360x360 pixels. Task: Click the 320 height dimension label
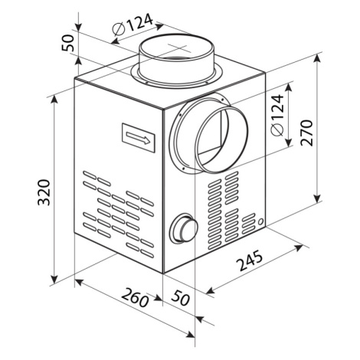[x=43, y=192]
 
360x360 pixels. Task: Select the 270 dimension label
[x=306, y=133]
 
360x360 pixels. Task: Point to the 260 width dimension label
[x=136, y=298]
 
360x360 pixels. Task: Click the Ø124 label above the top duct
[x=132, y=25]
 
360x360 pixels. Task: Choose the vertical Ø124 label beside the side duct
[x=277, y=116]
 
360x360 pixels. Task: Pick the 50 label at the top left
[x=67, y=43]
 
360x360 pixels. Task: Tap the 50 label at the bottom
[x=181, y=298]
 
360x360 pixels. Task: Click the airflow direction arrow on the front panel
[x=139, y=137]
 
